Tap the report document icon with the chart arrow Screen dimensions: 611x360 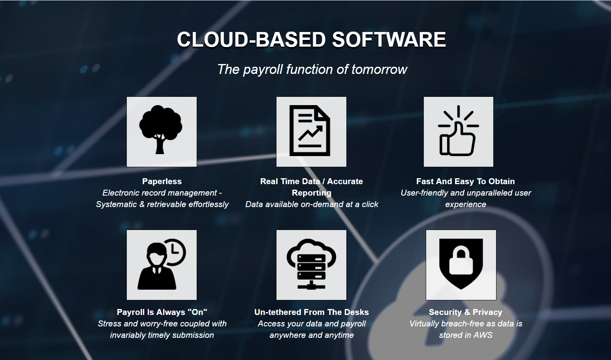pos(310,131)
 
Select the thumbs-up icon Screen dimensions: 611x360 pos(458,131)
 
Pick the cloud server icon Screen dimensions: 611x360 pos(311,264)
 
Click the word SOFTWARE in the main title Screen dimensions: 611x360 pos(389,40)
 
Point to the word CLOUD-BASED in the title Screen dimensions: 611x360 pos(251,40)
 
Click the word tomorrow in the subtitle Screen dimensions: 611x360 pos(380,69)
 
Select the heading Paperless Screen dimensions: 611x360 pos(162,181)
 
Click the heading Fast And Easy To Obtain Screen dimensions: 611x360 pos(465,181)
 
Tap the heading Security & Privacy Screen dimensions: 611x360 pos(465,312)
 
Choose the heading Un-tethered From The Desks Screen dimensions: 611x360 pos(311,312)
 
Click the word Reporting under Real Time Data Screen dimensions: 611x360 pos(312,193)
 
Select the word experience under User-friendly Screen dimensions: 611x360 pos(466,204)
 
